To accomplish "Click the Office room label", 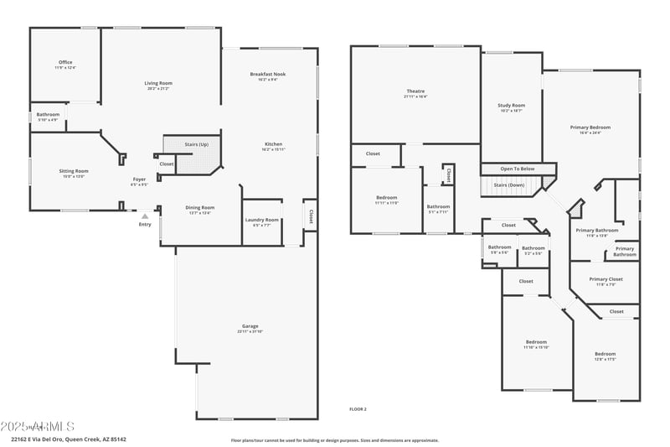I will [x=65, y=63].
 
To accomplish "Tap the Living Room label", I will [x=158, y=83].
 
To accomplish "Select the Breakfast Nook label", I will [x=268, y=75].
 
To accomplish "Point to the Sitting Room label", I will [x=74, y=171].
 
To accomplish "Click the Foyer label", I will [x=139, y=179].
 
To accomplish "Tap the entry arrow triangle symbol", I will [x=145, y=216].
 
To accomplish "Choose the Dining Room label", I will [x=199, y=208].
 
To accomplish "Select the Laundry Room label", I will [x=261, y=221].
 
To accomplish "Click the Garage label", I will [x=250, y=326].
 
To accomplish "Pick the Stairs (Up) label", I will [x=197, y=144].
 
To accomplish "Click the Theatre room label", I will [x=415, y=91].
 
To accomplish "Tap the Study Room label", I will [x=511, y=106].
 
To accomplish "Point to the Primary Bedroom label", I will [x=590, y=127].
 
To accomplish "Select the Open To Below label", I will [x=517, y=169].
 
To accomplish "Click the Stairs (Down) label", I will [x=509, y=185].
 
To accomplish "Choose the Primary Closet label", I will [x=606, y=279].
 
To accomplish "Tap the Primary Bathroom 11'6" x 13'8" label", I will [x=596, y=231].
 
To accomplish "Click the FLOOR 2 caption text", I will [x=358, y=408].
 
